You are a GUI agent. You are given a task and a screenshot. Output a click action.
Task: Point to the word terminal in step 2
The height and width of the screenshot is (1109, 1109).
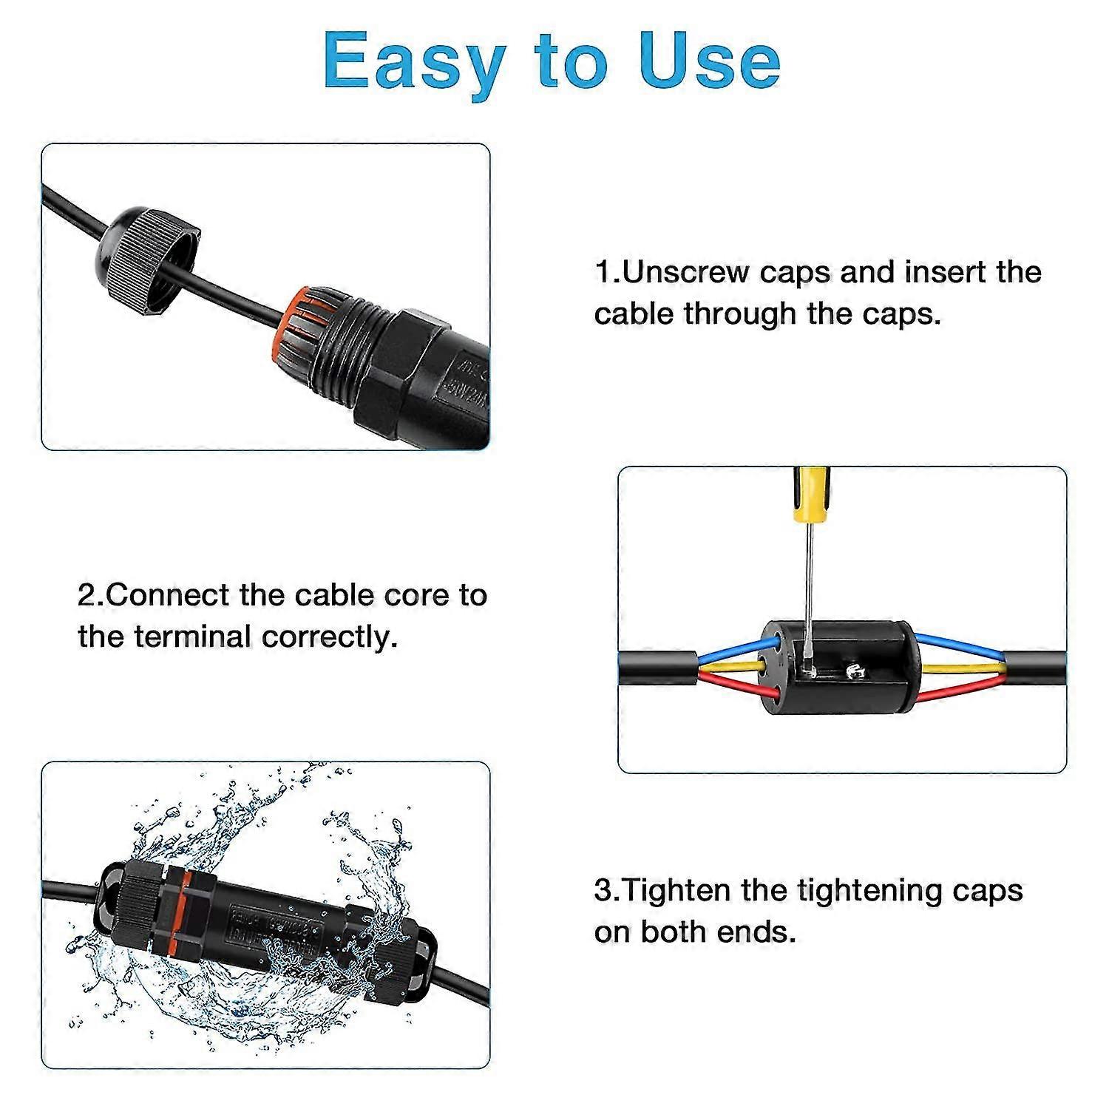click(x=194, y=637)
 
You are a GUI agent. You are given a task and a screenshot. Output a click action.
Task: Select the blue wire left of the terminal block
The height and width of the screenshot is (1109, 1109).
click(x=732, y=650)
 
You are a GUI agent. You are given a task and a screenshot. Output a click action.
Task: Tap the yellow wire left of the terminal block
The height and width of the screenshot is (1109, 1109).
click(x=732, y=668)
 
